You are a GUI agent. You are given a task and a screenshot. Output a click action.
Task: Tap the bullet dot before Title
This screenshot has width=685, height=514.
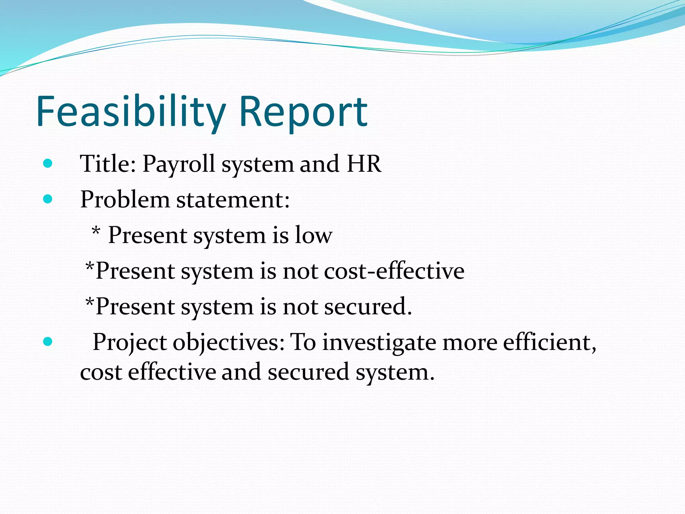pos(48,163)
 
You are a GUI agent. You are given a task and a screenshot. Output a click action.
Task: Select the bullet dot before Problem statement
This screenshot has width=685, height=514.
pos(48,199)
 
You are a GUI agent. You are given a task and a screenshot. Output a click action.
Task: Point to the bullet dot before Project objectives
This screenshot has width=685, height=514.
pos(48,342)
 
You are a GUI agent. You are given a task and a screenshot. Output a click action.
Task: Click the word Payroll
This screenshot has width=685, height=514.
pos(179,164)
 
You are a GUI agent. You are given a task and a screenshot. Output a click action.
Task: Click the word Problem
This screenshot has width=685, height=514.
pos(125,200)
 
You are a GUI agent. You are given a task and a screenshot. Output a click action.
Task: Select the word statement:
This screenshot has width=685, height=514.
pos(233,200)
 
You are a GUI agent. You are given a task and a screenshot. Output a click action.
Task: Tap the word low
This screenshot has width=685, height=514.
pos(313,235)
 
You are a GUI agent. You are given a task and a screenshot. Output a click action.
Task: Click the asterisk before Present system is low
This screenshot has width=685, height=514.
pos(96,231)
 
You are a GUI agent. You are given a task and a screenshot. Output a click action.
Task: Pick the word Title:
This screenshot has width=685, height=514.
pos(108,164)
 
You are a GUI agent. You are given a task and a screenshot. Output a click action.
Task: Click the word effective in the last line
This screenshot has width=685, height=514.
pos(172,372)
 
